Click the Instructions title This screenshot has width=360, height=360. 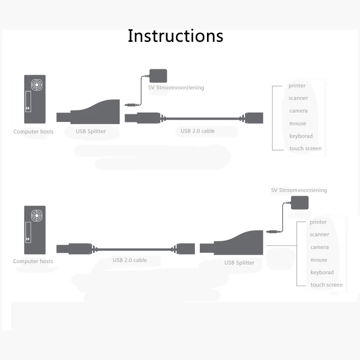[x=175, y=36]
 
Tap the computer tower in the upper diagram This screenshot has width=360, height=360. [x=35, y=99]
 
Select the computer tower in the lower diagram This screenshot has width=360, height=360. [x=35, y=230]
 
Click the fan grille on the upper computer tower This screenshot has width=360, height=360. [x=37, y=85]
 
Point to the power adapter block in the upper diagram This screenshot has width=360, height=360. [x=158, y=76]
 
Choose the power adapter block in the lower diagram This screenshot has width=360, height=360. [x=300, y=202]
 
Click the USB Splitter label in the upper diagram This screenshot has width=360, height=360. [x=91, y=131]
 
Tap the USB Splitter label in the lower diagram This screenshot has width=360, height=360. [x=239, y=263]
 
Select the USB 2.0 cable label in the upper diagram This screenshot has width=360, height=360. [x=198, y=131]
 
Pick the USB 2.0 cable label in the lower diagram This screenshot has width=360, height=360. [x=130, y=260]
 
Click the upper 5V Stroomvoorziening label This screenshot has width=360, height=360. [x=176, y=87]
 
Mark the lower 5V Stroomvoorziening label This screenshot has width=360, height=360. [x=299, y=190]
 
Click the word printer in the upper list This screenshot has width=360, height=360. [x=297, y=85]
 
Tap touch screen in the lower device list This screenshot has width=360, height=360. [x=327, y=285]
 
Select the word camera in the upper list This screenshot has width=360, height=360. [x=298, y=111]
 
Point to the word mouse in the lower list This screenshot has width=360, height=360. [x=319, y=260]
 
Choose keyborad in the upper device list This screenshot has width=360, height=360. [x=301, y=136]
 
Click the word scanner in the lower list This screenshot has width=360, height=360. [x=319, y=234]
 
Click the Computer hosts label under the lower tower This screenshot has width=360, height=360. [x=33, y=261]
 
